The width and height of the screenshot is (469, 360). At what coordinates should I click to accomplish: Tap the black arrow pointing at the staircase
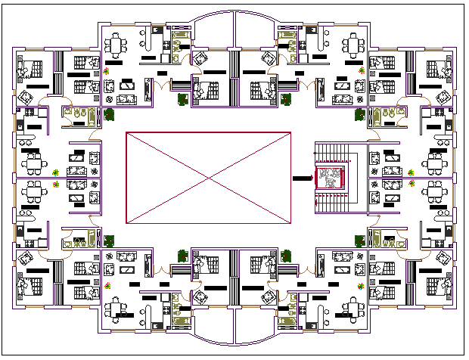[301, 178]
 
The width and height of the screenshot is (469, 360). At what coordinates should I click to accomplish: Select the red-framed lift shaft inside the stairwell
[330, 178]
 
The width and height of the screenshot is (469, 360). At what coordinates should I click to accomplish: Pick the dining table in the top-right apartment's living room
[353, 45]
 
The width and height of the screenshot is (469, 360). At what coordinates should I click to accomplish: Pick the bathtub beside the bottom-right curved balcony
[287, 321]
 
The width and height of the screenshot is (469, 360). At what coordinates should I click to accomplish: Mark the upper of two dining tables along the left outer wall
[33, 162]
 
